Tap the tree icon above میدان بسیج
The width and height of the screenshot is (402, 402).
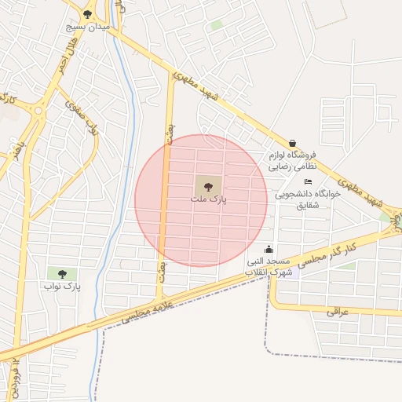87,14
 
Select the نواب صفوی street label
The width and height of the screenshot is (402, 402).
82,118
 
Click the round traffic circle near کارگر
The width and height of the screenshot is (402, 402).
37,111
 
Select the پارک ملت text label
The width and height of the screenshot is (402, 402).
208,199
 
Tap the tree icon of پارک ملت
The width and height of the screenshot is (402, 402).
208,187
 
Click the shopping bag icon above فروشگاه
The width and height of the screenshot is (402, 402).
293,144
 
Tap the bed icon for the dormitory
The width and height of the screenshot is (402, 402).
308,182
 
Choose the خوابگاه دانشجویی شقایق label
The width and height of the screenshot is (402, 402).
308,199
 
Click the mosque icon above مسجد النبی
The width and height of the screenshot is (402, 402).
269,250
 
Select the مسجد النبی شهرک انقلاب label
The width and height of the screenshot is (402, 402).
268,265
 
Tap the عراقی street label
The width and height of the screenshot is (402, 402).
336,312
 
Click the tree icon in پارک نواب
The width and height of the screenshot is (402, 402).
62,274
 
